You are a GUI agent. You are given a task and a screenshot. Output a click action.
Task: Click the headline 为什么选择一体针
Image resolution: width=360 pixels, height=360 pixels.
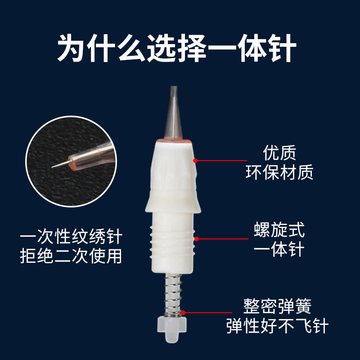coord(176,48)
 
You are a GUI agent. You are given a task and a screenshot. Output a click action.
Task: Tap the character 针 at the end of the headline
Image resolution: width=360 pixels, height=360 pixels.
coord(282,48)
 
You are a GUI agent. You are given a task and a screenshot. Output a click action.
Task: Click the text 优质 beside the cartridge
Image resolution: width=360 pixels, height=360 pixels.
coord(279,153)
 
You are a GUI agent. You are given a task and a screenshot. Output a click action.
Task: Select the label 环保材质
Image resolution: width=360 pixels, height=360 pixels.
coord(279,172)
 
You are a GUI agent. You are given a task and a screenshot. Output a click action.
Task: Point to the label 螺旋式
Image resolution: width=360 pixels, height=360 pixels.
coord(279,229)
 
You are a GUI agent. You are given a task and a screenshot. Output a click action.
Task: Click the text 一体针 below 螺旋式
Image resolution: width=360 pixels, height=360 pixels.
coord(279,249)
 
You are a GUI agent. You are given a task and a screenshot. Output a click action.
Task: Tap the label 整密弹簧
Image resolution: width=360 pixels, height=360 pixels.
coord(277,306)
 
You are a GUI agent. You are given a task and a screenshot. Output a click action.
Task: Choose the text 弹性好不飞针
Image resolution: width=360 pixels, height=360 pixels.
coord(277,325)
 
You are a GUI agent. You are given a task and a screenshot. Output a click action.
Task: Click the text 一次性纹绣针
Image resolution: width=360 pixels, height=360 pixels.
coord(71,237)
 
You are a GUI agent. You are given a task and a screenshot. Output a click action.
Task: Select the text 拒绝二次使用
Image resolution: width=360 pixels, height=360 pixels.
coord(71,256)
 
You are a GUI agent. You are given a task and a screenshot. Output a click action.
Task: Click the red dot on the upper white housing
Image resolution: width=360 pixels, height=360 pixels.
coord(195,161)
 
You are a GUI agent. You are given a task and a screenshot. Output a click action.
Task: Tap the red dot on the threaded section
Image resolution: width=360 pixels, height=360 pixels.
coord(197,239)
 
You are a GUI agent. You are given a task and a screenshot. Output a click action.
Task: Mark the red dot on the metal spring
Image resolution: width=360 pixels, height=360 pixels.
coord(183,312)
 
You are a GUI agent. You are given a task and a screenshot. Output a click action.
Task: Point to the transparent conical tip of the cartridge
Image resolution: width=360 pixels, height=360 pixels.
coord(174,112)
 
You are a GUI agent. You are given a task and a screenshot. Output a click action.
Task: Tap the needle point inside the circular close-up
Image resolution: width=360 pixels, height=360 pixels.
coord(52,167)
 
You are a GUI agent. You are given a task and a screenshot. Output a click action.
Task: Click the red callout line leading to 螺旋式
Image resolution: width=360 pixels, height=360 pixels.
coord(222,239)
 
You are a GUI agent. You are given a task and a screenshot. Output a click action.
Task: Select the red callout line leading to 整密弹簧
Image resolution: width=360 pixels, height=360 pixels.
coord(207,312)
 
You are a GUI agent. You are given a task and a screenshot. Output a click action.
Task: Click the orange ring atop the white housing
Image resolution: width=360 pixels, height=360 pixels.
coord(174,141)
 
